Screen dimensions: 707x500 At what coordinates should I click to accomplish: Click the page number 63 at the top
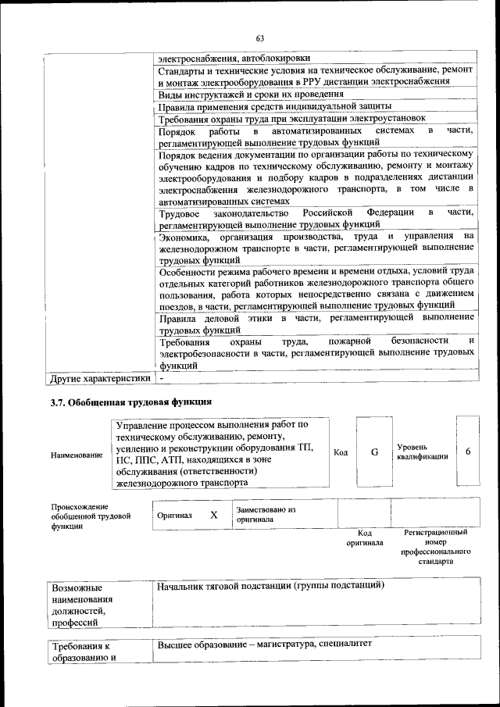(x=260, y=37)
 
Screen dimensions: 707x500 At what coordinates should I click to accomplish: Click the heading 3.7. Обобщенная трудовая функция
(x=130, y=402)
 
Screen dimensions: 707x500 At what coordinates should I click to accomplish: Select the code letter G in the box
(x=373, y=452)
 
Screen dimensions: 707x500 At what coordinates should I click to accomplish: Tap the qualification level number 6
(x=468, y=452)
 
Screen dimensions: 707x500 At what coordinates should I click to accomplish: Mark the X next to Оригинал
(x=213, y=516)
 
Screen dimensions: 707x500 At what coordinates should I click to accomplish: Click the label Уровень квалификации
(x=423, y=452)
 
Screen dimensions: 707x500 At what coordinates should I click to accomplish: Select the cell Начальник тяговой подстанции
(x=271, y=585)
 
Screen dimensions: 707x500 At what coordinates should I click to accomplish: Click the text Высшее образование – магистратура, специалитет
(x=266, y=645)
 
